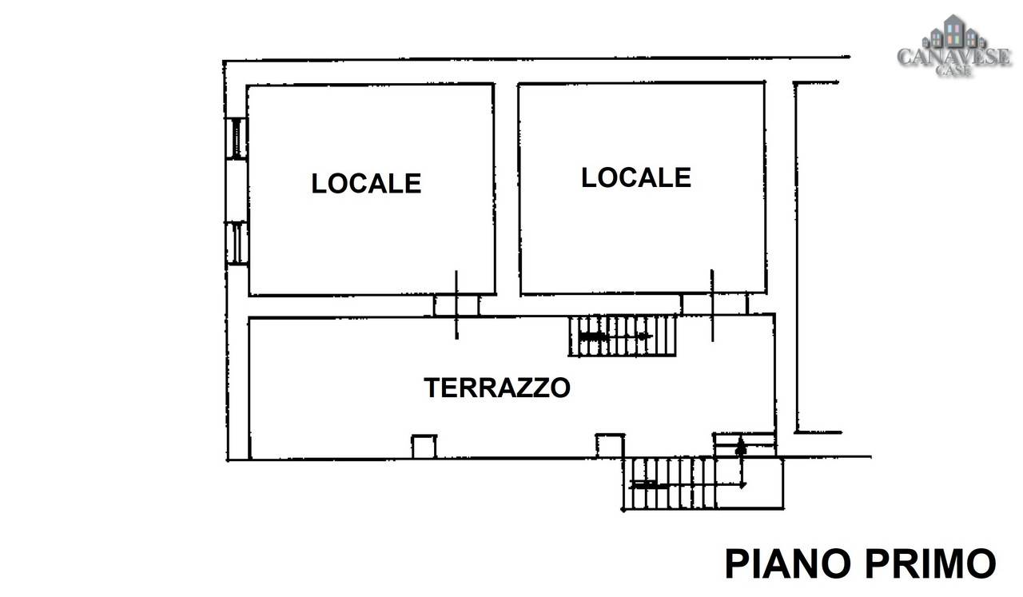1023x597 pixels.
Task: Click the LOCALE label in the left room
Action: pyautogui.click(x=366, y=183)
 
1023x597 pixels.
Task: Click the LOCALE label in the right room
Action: pyautogui.click(x=635, y=177)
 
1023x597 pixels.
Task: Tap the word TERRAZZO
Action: pyautogui.click(x=497, y=388)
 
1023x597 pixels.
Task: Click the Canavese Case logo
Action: pyautogui.click(x=953, y=46)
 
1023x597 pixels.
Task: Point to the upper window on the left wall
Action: pyautogui.click(x=237, y=138)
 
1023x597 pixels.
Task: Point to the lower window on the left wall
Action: pyautogui.click(x=237, y=243)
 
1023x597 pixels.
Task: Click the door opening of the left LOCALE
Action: pyautogui.click(x=456, y=305)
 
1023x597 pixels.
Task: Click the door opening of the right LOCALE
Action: pyautogui.click(x=714, y=304)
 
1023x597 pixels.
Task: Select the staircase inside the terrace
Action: pyautogui.click(x=622, y=336)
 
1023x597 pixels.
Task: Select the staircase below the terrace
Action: pyautogui.click(x=669, y=484)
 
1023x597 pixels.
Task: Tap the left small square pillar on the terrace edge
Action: pyautogui.click(x=424, y=446)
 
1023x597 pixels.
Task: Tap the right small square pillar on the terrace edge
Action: pyautogui.click(x=610, y=445)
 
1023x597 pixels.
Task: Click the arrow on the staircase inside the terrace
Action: pyautogui.click(x=615, y=336)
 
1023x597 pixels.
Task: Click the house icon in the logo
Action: pyautogui.click(x=953, y=32)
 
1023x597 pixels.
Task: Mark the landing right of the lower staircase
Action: pyautogui.click(x=750, y=484)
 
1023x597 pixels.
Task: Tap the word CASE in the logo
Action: pyautogui.click(x=953, y=70)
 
